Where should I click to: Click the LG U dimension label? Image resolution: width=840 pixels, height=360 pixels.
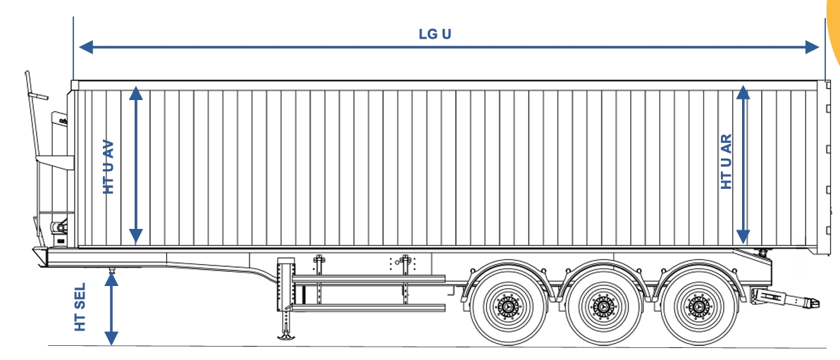click(435, 35)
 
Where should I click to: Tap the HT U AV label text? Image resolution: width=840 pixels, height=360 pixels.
click(109, 166)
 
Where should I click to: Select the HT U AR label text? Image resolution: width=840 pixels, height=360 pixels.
click(727, 162)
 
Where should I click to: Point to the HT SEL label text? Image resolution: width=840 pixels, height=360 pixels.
click(80, 307)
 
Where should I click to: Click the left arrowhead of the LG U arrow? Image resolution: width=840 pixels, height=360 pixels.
click(86, 47)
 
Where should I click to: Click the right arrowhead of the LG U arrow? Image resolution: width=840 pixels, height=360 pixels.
click(812, 47)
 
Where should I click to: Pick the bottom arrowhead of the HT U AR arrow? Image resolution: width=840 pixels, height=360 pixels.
click(743, 236)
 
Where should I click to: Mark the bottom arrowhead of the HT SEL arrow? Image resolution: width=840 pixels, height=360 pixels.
click(111, 339)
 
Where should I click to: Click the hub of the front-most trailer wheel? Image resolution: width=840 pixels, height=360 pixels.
click(507, 307)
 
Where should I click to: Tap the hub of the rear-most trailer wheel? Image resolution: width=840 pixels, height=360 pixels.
click(699, 307)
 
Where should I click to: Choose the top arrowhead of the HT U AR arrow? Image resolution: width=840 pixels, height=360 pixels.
click(743, 93)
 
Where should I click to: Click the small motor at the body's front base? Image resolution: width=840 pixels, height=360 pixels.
click(59, 227)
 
